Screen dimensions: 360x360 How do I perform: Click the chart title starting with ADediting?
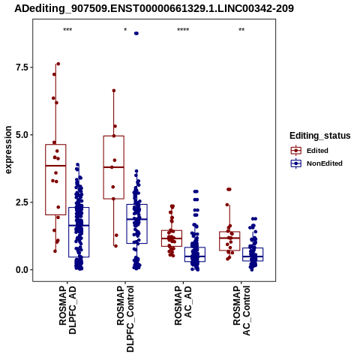pyautogui.click(x=154, y=8)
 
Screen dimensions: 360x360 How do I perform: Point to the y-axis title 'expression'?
pyautogui.click(x=8, y=150)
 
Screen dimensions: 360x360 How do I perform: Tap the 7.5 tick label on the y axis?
pyautogui.click(x=21, y=67)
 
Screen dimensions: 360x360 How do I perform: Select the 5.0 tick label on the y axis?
pyautogui.click(x=21, y=135)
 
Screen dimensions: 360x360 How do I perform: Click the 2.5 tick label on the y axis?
pyautogui.click(x=21, y=202)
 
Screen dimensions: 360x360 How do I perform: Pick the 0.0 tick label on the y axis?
pyautogui.click(x=21, y=270)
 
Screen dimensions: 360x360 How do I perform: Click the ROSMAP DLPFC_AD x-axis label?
pyautogui.click(x=67, y=310)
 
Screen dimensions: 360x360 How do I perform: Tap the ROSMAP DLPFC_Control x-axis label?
pyautogui.click(x=125, y=319)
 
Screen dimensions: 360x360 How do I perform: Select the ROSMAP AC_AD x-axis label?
pyautogui.click(x=183, y=305)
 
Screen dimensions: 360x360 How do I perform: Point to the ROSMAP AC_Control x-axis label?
pyautogui.click(x=241, y=310)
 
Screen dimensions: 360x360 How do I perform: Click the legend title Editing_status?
pyautogui.click(x=320, y=136)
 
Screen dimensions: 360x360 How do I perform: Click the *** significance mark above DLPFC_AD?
pyautogui.click(x=67, y=30)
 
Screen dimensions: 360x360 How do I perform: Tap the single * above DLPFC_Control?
pyautogui.click(x=125, y=30)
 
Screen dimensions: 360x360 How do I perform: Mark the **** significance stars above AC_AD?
pyautogui.click(x=183, y=30)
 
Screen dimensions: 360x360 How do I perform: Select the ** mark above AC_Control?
pyautogui.click(x=241, y=30)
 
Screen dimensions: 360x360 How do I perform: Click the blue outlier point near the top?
pyautogui.click(x=136, y=34)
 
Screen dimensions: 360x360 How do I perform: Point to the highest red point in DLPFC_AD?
pyautogui.click(x=58, y=64)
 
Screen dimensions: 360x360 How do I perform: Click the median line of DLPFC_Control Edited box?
pyautogui.click(x=114, y=167)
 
